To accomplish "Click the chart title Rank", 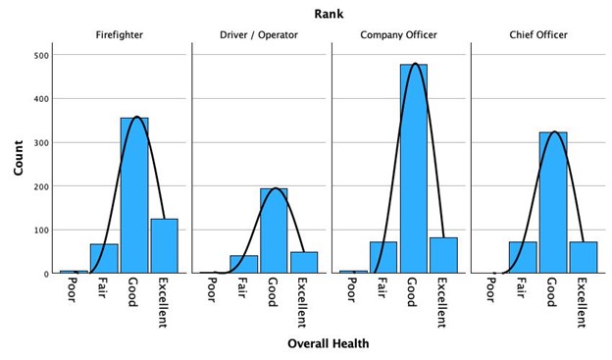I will point(329,13).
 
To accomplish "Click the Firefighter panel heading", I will point(120,35).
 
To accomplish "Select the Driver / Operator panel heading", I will point(260,35).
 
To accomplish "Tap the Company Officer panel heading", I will point(400,35).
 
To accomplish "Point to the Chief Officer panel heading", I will point(538,35).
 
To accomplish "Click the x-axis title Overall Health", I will point(329,343).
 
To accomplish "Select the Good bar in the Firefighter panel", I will point(134,195).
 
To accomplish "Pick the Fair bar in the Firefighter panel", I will point(104,258).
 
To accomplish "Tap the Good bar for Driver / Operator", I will point(274,231).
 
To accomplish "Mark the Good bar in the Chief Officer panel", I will point(553,202).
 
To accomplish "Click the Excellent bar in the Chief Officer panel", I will point(584,257).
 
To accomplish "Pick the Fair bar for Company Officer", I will point(383,257).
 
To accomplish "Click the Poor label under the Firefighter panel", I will point(74,290).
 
